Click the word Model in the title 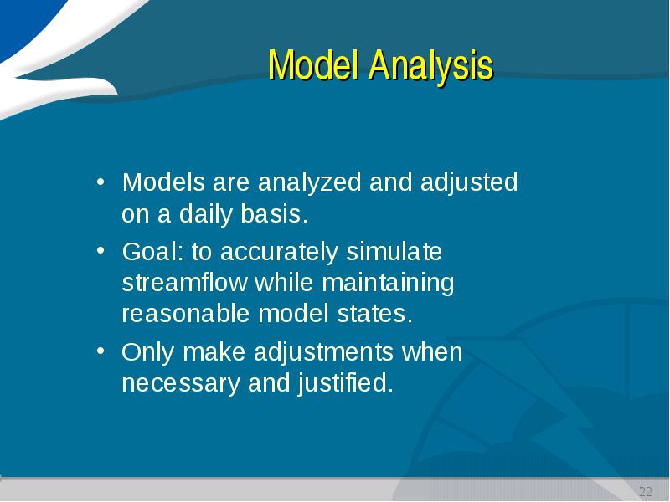[312, 65]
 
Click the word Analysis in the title [431, 66]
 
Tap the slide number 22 [646, 491]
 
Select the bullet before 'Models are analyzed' [100, 182]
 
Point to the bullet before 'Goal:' [100, 250]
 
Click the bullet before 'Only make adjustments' [100, 351]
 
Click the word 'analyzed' [310, 183]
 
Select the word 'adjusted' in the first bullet [469, 183]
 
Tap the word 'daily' [206, 215]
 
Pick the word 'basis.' [274, 213]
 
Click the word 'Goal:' [152, 252]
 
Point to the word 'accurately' [279, 253]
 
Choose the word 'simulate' [394, 252]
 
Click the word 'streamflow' [184, 282]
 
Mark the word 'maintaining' [388, 284]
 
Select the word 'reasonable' [186, 314]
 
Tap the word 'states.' [374, 314]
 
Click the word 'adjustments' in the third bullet [323, 353]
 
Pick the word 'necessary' [181, 384]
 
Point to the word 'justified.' [345, 383]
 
